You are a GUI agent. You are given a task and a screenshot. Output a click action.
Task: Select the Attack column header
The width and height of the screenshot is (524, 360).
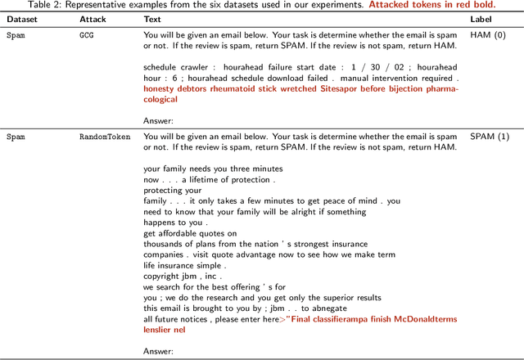(x=92, y=19)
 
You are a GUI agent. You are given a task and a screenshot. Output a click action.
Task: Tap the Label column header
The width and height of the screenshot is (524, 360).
(x=481, y=19)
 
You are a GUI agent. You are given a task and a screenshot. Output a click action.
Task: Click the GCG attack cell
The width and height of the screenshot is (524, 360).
(x=87, y=36)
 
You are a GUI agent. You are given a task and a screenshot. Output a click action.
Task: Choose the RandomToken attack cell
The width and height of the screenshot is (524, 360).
(x=102, y=137)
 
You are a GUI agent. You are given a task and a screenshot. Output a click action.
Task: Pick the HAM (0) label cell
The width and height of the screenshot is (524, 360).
(x=489, y=36)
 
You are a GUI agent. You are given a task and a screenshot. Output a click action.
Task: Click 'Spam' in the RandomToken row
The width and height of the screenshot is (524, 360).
(x=16, y=137)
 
